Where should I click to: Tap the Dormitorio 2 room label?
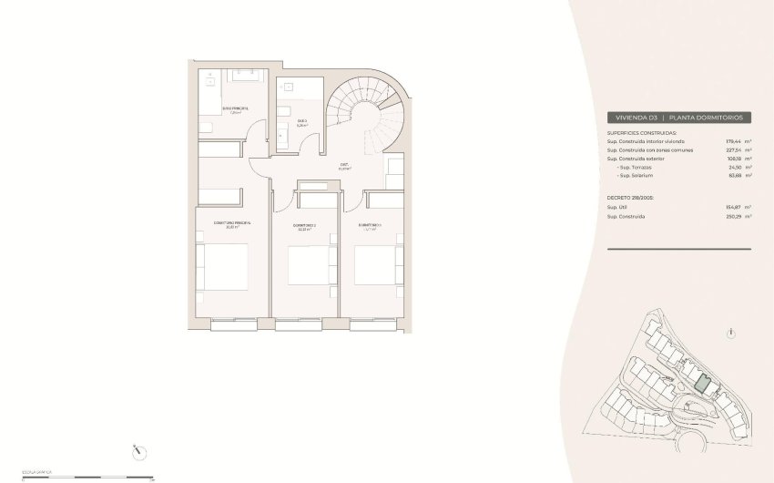[304, 227]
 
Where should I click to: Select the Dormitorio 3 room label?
[369, 225]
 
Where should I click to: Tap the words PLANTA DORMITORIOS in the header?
[708, 118]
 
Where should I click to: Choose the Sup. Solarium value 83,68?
[733, 176]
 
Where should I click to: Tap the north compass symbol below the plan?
[137, 449]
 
